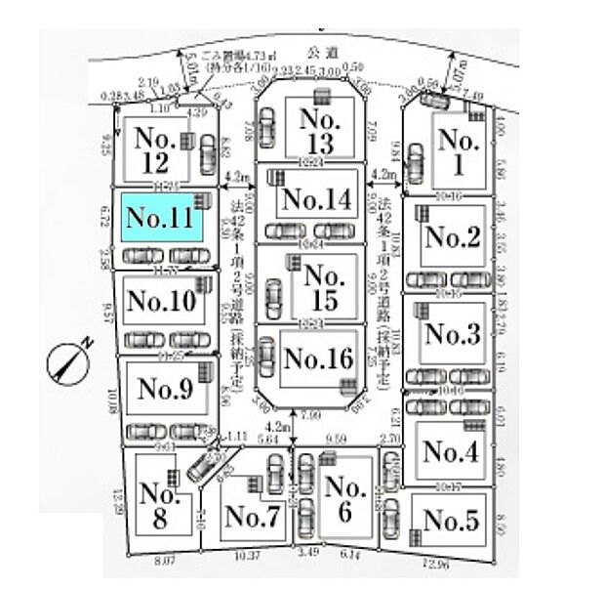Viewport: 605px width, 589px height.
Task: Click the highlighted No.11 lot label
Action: tap(160, 218)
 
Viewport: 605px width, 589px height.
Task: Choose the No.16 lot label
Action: tap(317, 358)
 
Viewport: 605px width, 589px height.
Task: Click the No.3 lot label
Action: tap(453, 334)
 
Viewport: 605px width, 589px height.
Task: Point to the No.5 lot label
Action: tap(452, 521)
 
